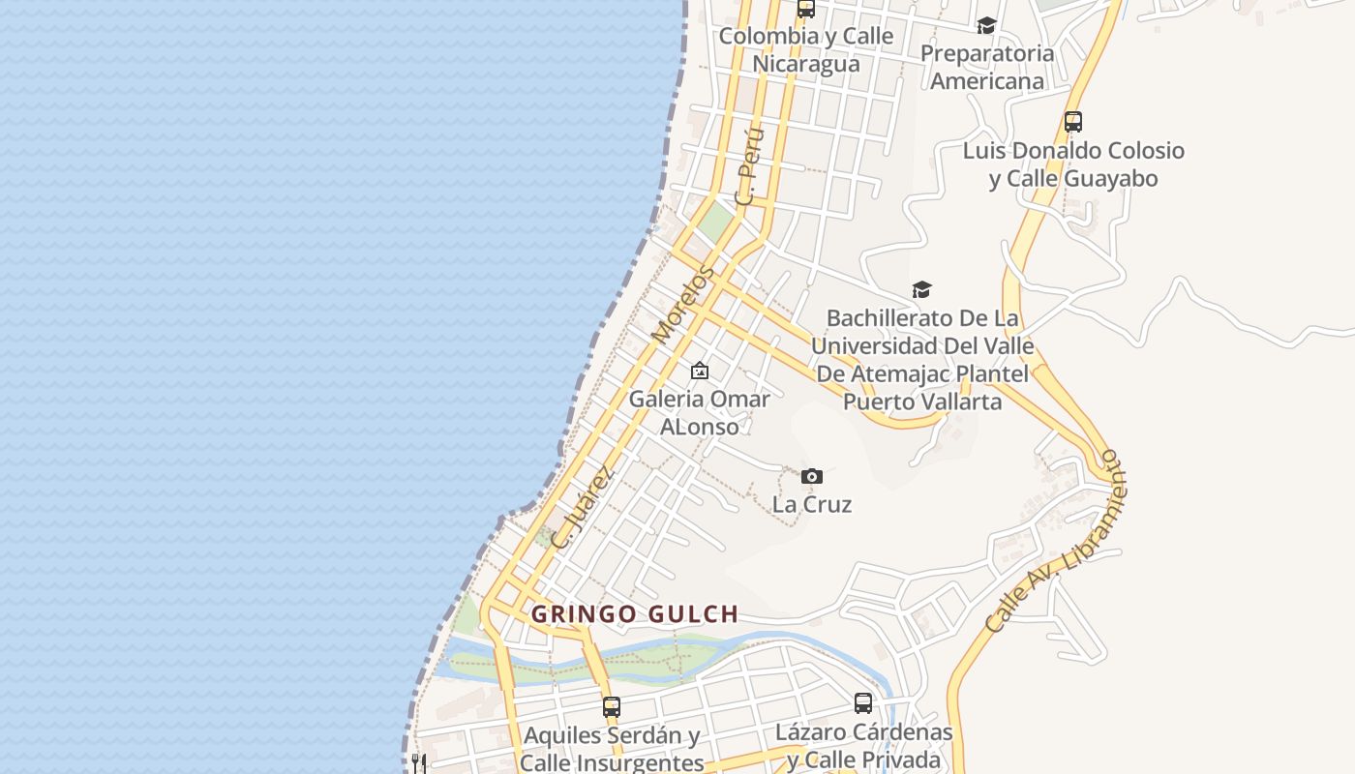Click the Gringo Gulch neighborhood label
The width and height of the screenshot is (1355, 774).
pyautogui.click(x=635, y=614)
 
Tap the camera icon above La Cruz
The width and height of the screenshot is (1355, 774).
pyautogui.click(x=812, y=476)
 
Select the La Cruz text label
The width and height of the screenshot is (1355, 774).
pyautogui.click(x=812, y=504)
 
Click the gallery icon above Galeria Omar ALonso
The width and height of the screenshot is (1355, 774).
pyautogui.click(x=699, y=371)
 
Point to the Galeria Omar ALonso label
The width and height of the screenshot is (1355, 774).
pyautogui.click(x=700, y=412)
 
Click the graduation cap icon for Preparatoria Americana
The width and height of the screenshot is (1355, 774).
pyautogui.click(x=986, y=25)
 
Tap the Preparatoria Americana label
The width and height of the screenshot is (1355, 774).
pyautogui.click(x=987, y=67)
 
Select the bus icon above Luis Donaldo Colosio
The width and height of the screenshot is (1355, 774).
pyautogui.click(x=1072, y=122)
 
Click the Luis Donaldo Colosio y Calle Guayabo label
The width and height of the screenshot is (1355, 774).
pyautogui.click(x=1073, y=164)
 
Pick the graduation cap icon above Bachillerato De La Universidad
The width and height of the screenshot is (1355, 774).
pyautogui.click(x=921, y=289)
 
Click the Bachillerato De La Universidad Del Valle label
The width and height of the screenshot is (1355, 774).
pyautogui.click(x=922, y=359)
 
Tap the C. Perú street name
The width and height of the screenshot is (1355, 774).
pyautogui.click(x=749, y=166)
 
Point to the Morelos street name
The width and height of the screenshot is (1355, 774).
pyautogui.click(x=682, y=305)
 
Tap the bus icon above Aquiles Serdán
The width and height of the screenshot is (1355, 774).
pyautogui.click(x=611, y=707)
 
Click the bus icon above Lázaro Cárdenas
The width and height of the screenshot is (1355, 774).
pyautogui.click(x=863, y=703)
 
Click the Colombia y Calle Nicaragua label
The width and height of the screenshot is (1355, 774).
pyautogui.click(x=806, y=49)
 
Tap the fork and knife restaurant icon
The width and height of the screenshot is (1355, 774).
pyautogui.click(x=419, y=763)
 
